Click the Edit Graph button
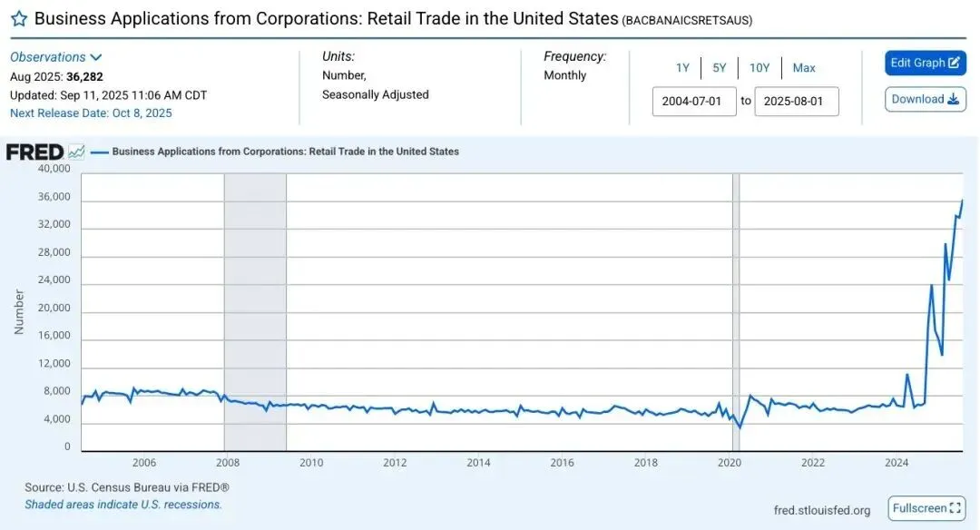[x=925, y=63]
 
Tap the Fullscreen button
[x=926, y=508]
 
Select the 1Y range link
[x=682, y=68]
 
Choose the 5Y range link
[x=720, y=68]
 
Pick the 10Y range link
[x=759, y=68]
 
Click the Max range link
[x=804, y=68]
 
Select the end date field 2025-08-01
[x=793, y=102]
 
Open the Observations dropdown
[x=56, y=57]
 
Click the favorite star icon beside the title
[x=18, y=19]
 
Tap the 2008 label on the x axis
[x=227, y=463]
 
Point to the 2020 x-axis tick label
[x=730, y=463]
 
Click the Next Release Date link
[x=91, y=113]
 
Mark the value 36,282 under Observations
[x=84, y=77]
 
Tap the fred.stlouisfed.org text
[x=822, y=510]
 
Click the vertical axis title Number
[x=19, y=311]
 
